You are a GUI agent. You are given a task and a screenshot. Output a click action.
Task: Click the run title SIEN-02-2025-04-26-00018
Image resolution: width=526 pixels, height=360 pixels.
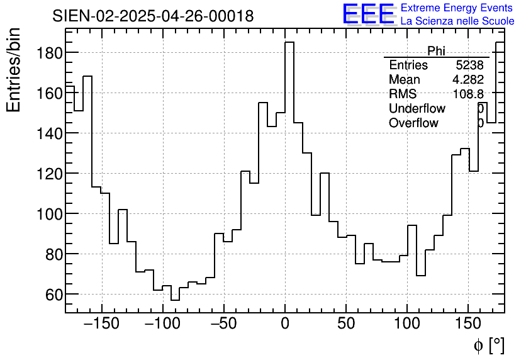pyautogui.click(x=153, y=16)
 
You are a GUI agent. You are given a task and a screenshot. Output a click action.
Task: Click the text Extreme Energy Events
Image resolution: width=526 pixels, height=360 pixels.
pyautogui.click(x=457, y=8)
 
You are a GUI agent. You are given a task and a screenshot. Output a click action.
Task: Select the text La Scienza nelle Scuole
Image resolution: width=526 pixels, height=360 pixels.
pyautogui.click(x=457, y=21)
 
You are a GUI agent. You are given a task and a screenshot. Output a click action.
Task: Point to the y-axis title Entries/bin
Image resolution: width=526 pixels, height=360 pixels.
pyautogui.click(x=14, y=70)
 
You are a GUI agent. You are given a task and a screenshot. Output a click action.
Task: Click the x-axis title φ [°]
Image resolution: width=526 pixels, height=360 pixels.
pyautogui.click(x=489, y=345)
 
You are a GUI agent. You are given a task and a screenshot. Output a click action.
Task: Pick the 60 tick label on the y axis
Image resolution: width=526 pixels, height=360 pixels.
pyautogui.click(x=50, y=295)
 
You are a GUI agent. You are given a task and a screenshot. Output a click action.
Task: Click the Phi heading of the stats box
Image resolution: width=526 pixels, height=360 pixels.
pyautogui.click(x=436, y=51)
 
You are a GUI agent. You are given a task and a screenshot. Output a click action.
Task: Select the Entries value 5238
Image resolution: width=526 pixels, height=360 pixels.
pyautogui.click(x=469, y=65)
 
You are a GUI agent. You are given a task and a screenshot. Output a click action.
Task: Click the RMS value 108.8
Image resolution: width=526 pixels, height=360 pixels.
pyautogui.click(x=468, y=94)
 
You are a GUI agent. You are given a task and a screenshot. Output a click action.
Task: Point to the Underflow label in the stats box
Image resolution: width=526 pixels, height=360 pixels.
pyautogui.click(x=417, y=109)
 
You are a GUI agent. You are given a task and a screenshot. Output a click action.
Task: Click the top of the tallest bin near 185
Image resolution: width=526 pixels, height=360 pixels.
pyautogui.click(x=289, y=42)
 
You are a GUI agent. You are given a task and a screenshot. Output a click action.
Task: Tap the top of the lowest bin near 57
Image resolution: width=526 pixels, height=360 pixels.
pyautogui.click(x=175, y=300)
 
